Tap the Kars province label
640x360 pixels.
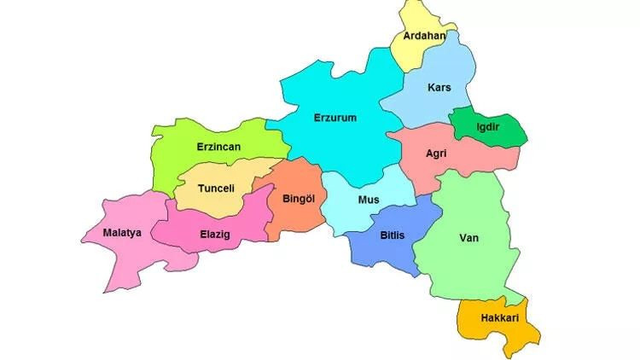point(439,87)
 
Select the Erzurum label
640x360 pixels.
point(335,118)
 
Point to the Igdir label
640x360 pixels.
point(488,127)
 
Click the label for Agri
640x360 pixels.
point(437,154)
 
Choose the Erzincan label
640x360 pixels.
point(218,147)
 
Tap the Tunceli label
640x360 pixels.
point(216,188)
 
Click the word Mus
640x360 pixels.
point(368,200)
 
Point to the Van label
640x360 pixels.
point(469,238)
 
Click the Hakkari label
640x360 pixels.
point(500,317)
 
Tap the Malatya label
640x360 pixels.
point(122,232)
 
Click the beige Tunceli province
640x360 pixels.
point(218,200)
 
